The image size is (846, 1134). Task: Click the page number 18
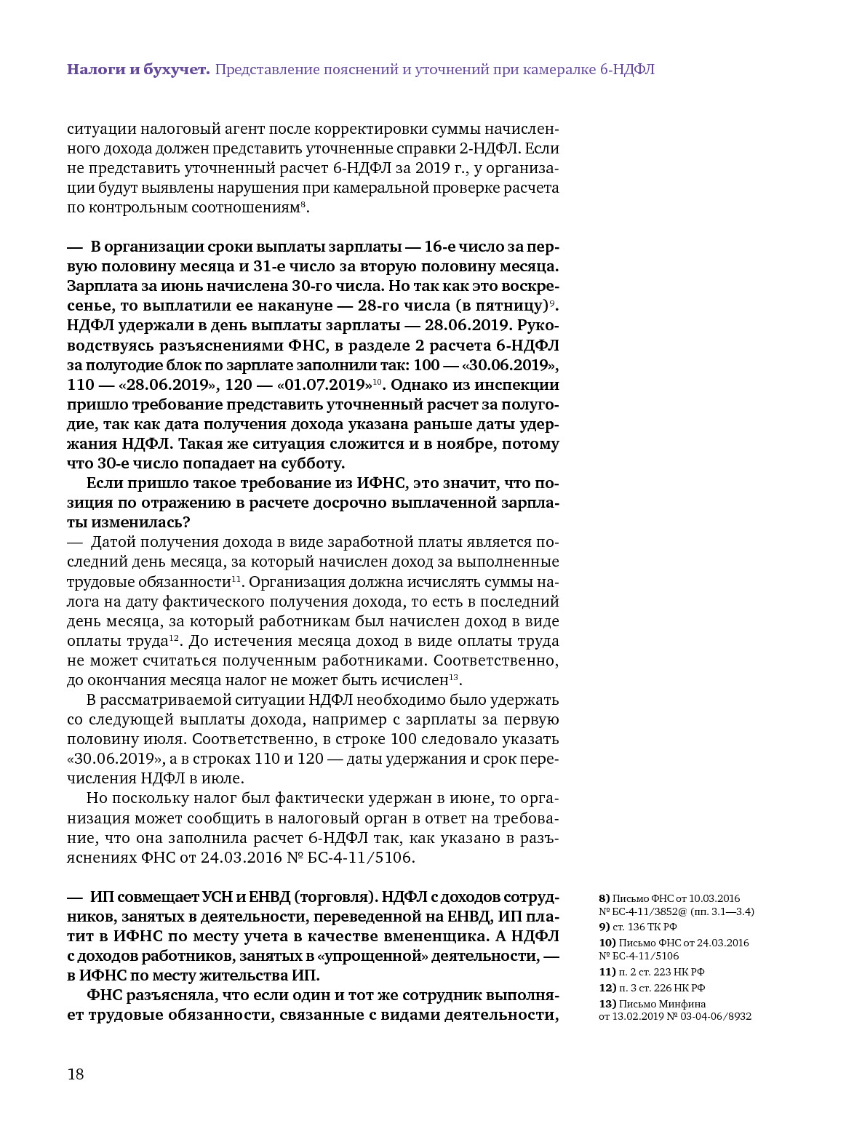[x=76, y=1074]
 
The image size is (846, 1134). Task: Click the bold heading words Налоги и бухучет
[x=138, y=70]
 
